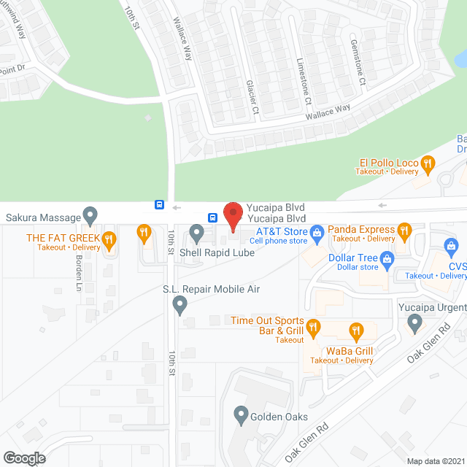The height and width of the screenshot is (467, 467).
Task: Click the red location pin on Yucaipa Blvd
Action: pos(232,216)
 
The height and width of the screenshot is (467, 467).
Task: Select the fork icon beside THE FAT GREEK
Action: pos(109,238)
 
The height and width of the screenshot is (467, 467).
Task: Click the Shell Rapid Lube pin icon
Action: pos(196,233)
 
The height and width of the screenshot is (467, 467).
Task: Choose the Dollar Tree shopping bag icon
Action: pos(387,258)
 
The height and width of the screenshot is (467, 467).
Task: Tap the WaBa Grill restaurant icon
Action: pos(356,332)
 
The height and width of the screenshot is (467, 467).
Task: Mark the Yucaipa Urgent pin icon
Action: pos(415,321)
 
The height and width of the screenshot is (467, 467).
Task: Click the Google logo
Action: pos(24,458)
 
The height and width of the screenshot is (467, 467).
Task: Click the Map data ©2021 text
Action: pos(435,461)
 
